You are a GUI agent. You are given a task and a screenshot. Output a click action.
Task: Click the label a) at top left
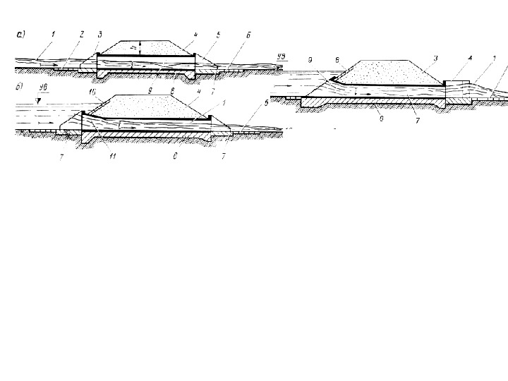click(x=20, y=32)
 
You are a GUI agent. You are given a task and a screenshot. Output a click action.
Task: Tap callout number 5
click(x=218, y=33)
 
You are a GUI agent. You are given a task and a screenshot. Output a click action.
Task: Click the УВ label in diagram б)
click(x=44, y=87)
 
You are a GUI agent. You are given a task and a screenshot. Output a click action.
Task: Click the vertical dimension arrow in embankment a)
click(x=140, y=47)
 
